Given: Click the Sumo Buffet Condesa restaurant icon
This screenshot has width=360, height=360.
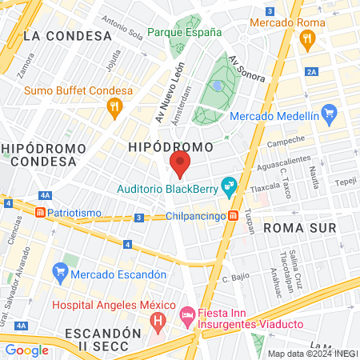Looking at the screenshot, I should coord(116,106).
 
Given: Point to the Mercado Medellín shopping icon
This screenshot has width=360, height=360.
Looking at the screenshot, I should coord(326,113).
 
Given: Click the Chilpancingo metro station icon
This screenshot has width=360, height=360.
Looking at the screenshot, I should coord(233,215).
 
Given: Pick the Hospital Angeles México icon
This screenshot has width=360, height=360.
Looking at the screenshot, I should coord(158,322).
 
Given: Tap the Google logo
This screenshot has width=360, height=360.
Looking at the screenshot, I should coord(26,350).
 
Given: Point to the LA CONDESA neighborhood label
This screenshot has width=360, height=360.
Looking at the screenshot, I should coord(67,36).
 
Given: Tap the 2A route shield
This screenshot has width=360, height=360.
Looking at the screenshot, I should coord(311,72).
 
